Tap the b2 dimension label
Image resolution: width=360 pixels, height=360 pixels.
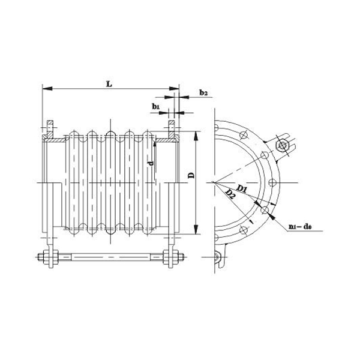pos(203,93)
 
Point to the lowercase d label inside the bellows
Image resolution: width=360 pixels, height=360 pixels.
pos(151,162)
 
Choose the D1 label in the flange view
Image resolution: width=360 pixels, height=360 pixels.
pos(242,190)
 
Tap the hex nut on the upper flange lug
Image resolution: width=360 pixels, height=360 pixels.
pos(281,146)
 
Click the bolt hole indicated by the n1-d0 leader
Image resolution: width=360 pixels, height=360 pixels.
pos(264,209)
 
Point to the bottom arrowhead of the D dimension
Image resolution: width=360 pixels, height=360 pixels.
pos(196,233)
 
